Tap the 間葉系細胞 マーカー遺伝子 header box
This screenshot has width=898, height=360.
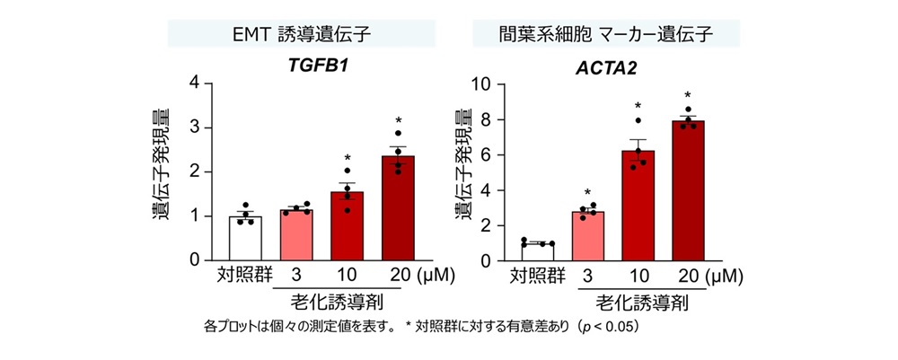(606, 34)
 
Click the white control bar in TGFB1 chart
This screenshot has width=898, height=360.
(245, 238)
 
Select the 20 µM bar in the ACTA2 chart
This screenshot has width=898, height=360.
(687, 190)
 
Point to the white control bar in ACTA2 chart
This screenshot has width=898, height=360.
(539, 251)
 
